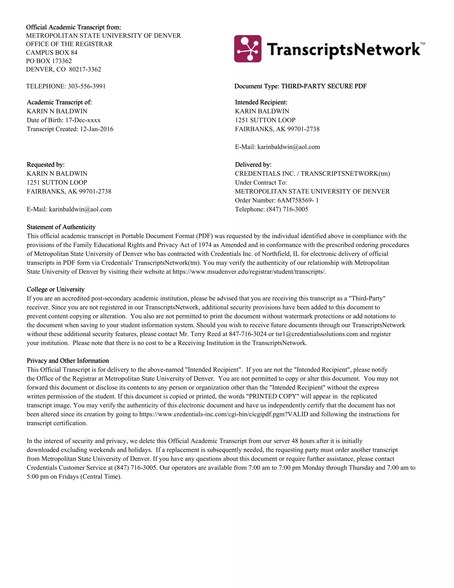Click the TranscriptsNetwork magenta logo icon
[x=247, y=49]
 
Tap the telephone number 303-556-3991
[x=87, y=86]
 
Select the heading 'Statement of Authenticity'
[x=61, y=227]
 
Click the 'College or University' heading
[x=55, y=289]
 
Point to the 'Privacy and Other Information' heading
[x=68, y=361]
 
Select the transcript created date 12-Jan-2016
[x=97, y=129]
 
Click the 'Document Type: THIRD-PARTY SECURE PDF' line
[x=300, y=86]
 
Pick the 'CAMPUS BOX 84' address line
[x=52, y=53]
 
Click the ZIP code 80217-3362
[x=85, y=69]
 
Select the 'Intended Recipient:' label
[x=261, y=103]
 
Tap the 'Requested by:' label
[x=45, y=165]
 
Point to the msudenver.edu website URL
[x=249, y=272]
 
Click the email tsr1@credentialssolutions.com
[x=317, y=334]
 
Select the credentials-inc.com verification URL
[x=223, y=414]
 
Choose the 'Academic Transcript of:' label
[x=59, y=103]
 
